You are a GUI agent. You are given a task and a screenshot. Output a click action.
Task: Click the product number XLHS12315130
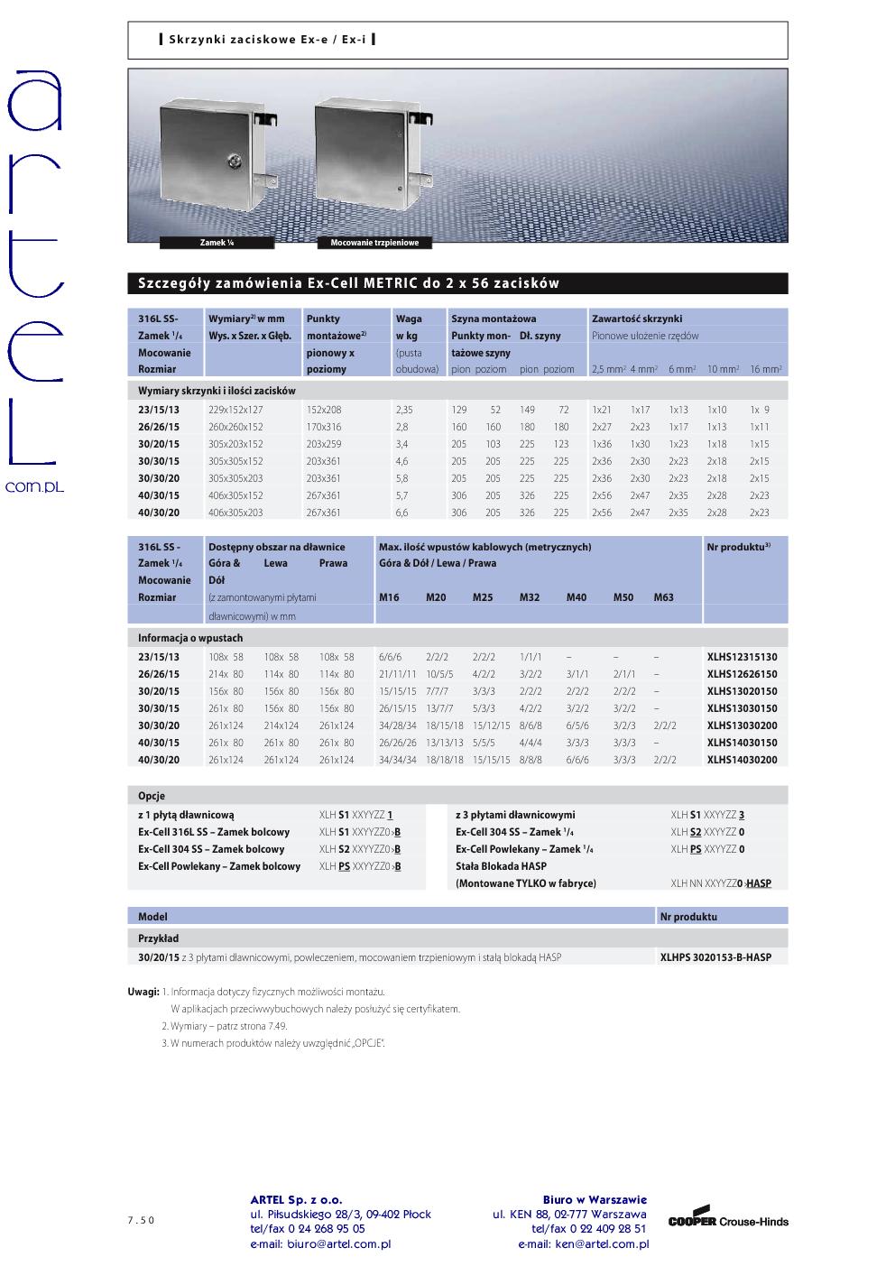742,657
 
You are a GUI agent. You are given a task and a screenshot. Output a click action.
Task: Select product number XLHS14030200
742,760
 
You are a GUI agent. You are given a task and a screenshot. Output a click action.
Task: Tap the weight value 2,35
403,410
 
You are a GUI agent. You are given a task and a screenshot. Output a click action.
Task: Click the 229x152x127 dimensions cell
235,410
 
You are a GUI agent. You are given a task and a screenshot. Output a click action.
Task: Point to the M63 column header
663,597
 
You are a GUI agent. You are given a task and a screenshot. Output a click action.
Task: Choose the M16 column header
389,597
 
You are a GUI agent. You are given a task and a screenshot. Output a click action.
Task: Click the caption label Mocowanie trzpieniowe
374,243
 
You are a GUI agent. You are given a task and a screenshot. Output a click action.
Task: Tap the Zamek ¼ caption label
217,243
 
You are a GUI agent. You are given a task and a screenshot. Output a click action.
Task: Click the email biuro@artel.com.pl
320,1244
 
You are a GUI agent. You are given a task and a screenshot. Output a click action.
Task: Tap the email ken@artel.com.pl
583,1244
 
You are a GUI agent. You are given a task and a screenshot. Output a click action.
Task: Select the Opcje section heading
152,797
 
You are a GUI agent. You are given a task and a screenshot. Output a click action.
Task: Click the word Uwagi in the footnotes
143,992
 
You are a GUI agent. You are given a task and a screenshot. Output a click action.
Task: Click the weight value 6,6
402,513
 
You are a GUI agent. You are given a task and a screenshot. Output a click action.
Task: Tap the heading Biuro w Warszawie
595,1200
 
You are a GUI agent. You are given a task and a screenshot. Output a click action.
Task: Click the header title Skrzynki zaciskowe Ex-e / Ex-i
267,40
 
